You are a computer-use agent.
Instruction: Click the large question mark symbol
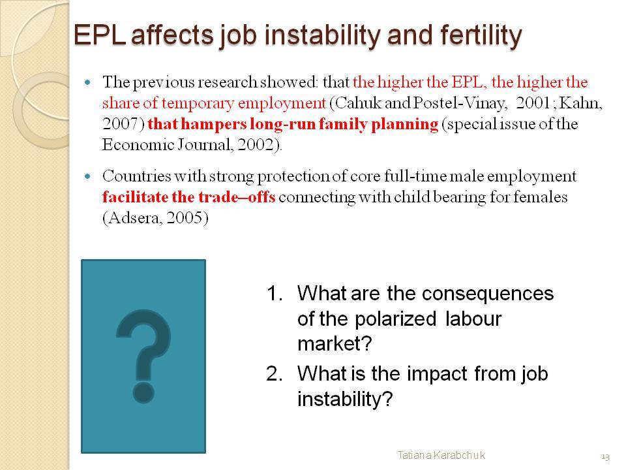pos(143,356)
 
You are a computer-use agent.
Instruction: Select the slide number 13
pos(605,456)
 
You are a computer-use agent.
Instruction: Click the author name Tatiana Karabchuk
pos(441,455)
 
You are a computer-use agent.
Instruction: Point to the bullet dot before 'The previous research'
pos(88,83)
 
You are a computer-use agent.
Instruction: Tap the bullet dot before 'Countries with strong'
pos(88,176)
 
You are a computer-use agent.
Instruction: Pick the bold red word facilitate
pos(136,197)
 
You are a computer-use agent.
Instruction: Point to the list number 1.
pos(275,293)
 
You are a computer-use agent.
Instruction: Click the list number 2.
pos(275,374)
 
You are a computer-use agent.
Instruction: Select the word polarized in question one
pos(395,319)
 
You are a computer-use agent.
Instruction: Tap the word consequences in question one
pos(488,294)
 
